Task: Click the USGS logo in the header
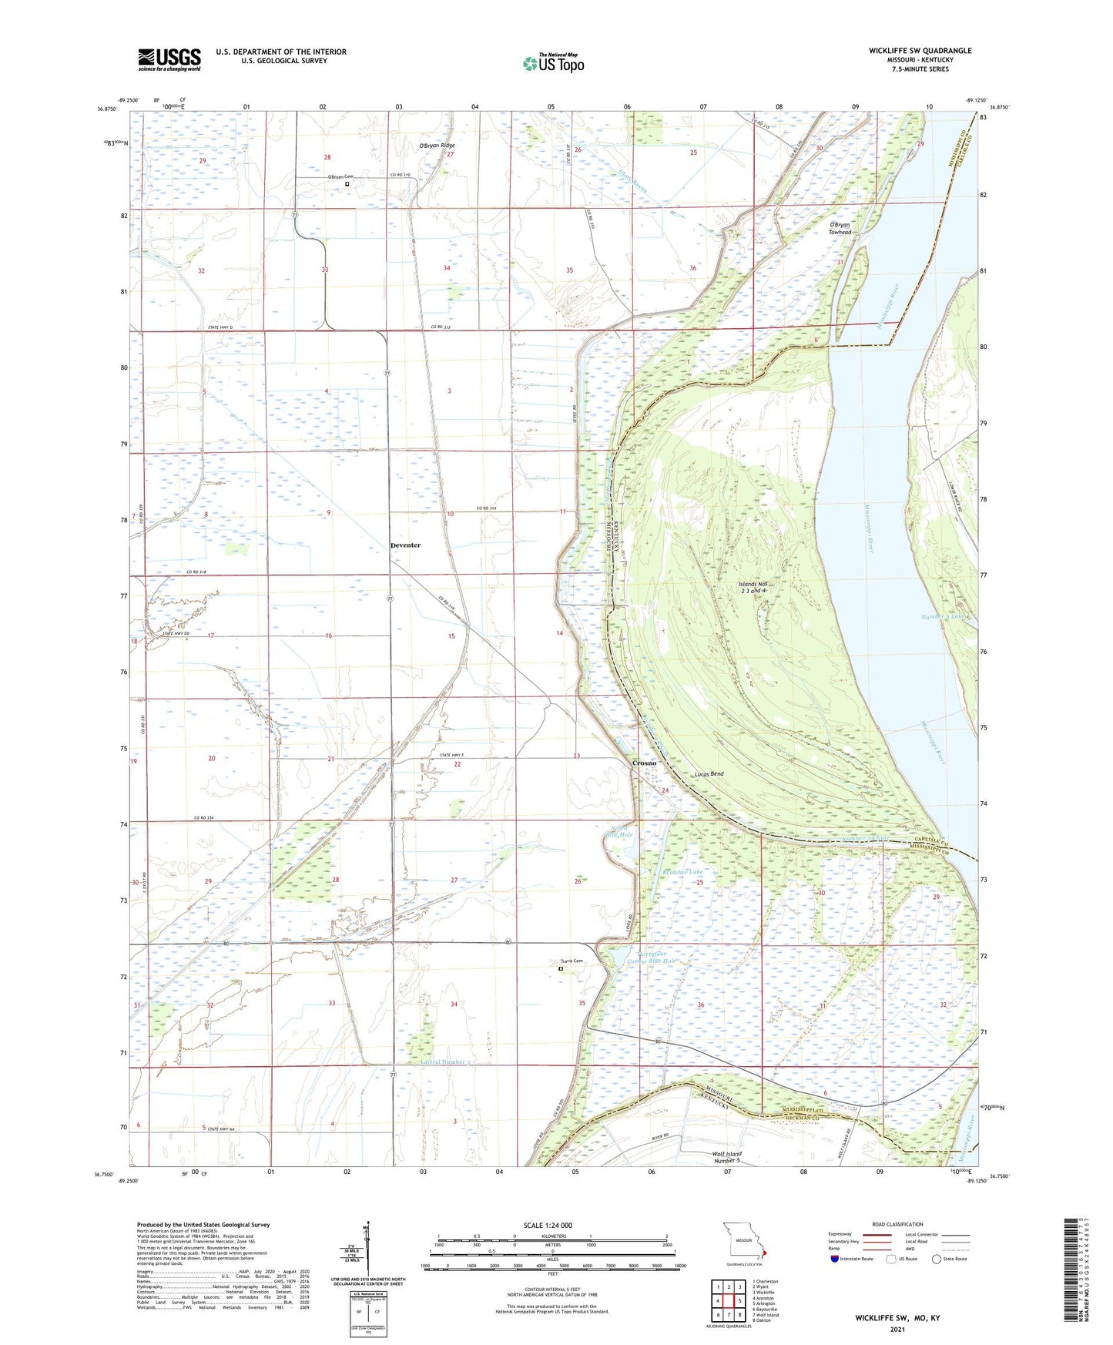click(169, 59)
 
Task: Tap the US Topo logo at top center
click(552, 62)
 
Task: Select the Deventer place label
click(405, 545)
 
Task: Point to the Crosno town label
click(644, 763)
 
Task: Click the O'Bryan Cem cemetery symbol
click(347, 184)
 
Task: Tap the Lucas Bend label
click(709, 773)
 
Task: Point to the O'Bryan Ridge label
click(437, 146)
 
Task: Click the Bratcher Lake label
click(682, 872)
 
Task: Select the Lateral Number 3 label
click(445, 1062)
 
